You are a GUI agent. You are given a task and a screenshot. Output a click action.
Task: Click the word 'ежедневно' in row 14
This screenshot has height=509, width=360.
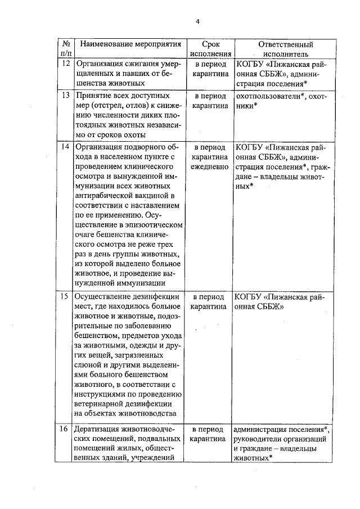[x=208, y=167]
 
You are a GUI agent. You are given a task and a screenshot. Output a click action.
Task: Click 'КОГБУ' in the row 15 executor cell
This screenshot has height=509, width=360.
[x=249, y=297]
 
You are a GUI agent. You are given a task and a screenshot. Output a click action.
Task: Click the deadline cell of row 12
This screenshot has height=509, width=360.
[x=208, y=69]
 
